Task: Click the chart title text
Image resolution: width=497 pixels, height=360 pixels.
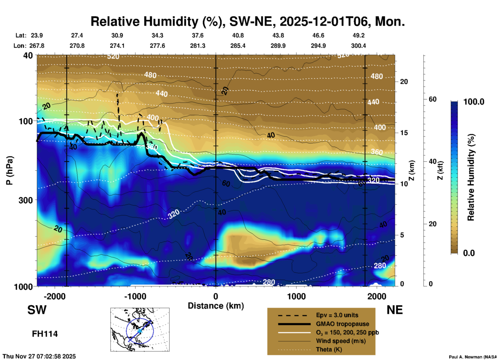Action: point(247,21)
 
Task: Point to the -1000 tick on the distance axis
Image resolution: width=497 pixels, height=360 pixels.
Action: point(135,296)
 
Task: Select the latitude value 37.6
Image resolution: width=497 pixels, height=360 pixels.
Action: point(198,35)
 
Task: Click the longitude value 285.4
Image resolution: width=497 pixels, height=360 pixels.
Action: point(238,46)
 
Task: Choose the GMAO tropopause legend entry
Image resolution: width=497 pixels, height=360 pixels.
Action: point(342,324)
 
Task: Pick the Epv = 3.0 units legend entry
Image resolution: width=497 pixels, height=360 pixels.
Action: point(337,315)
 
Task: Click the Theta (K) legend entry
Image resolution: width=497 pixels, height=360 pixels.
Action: point(329,349)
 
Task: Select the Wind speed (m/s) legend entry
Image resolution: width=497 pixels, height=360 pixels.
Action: point(341,341)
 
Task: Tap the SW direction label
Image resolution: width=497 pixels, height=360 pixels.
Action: point(37,310)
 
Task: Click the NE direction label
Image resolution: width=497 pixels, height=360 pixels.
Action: point(395,310)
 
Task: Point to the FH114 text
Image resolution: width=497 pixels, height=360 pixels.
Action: point(45,334)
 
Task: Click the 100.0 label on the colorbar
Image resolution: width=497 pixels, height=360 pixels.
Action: point(474,102)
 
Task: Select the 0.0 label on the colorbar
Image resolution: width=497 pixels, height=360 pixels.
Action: point(469,253)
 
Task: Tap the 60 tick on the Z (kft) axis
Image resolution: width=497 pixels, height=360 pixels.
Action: point(432,99)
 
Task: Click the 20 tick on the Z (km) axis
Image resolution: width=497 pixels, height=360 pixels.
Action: point(404,82)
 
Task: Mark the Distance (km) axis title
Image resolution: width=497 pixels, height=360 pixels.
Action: point(216,306)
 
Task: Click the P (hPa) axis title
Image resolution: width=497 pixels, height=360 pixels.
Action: point(10,170)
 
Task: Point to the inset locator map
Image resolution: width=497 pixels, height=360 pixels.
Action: point(140,330)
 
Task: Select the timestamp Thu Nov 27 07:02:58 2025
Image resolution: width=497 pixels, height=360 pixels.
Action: point(39,356)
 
